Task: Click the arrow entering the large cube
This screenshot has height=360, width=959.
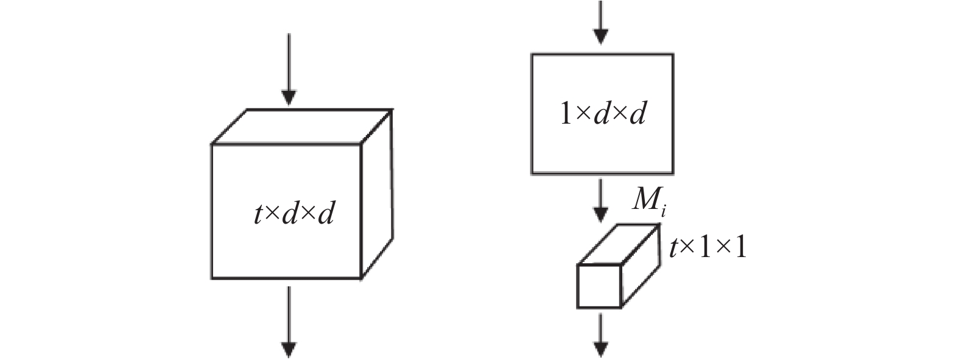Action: coord(289,70)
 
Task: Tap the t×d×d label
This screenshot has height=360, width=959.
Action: coord(293,214)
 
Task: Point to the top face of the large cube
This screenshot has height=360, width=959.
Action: coord(301,126)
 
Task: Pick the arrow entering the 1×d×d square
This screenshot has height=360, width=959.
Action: coord(601,21)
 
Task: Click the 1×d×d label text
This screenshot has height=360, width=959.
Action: coord(602,114)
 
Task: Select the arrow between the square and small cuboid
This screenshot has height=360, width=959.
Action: coord(601,200)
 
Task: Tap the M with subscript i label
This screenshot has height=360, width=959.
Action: coord(646,200)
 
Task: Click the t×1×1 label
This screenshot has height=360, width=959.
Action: coord(708,248)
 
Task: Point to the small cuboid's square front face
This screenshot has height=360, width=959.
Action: coord(599,286)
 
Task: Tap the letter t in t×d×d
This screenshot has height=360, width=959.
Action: coord(258,215)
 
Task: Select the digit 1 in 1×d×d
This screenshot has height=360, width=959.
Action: coord(564,115)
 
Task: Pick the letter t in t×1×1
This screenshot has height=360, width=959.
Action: coord(673,249)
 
